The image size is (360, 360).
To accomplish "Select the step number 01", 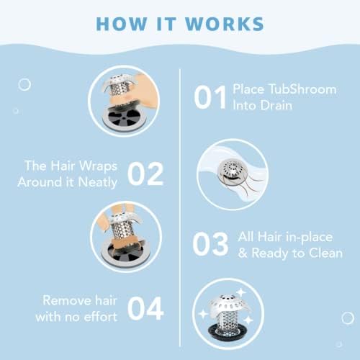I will (212, 96).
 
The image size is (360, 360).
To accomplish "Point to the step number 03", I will (212, 244).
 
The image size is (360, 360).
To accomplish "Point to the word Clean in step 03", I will (326, 253).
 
